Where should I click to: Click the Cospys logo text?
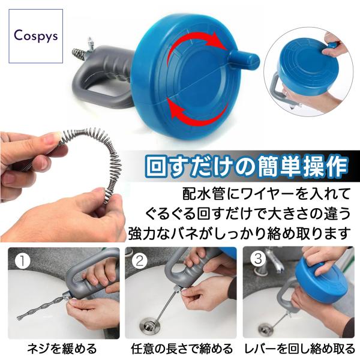pyautogui.click(x=36, y=36)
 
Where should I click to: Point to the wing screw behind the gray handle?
pyautogui.click(x=90, y=45)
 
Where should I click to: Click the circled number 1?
pyautogui.click(x=22, y=261)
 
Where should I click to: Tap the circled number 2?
pyautogui.click(x=140, y=260)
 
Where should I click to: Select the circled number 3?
pyautogui.click(x=258, y=259)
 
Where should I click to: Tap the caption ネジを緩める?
pyautogui.click(x=62, y=349)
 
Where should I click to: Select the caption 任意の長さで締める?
pyautogui.click(x=182, y=349)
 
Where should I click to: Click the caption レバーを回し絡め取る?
pyautogui.click(x=300, y=349)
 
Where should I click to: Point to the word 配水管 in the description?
pyautogui.click(x=203, y=193)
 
